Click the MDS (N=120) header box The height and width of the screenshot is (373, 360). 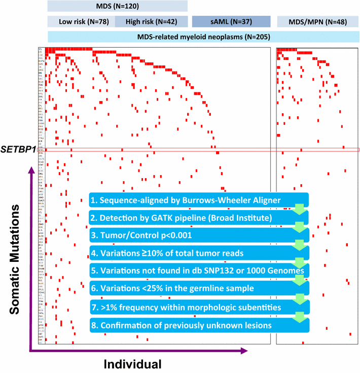coord(117,7)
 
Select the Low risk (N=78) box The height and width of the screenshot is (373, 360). coord(81,22)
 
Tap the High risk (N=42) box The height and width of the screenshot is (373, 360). coord(151,22)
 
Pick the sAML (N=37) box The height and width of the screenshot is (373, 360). coord(231,22)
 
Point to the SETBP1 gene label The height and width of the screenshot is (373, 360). coord(17,150)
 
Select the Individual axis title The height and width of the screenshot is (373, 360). coord(132,363)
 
